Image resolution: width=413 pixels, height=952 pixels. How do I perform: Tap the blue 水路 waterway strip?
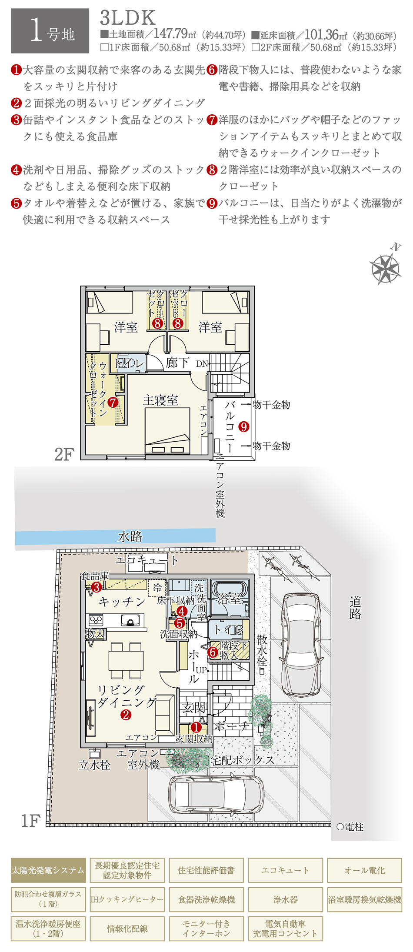pyautogui.click(x=115, y=536)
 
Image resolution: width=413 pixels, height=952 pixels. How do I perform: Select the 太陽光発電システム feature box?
pyautogui.click(x=48, y=870)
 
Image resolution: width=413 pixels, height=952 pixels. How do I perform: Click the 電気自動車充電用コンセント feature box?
pyautogui.click(x=286, y=929)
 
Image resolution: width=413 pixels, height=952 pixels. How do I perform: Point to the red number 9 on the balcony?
pyautogui.click(x=243, y=427)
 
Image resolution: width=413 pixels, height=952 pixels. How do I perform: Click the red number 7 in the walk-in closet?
pyautogui.click(x=113, y=403)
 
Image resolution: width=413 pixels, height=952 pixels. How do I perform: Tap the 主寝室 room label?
pyautogui.click(x=160, y=400)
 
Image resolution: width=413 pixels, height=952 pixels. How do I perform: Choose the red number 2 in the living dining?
pyautogui.click(x=126, y=715)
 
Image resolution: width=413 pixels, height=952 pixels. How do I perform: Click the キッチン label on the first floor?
pyautogui.click(x=122, y=602)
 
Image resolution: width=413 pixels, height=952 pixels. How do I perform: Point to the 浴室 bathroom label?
pyautogui.click(x=229, y=599)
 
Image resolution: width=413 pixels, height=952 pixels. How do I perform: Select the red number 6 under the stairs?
pyautogui.click(x=213, y=652)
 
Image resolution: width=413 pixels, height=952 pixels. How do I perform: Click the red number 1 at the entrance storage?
pyautogui.click(x=196, y=727)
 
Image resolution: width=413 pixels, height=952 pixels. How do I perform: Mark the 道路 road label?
pyautogui.click(x=355, y=608)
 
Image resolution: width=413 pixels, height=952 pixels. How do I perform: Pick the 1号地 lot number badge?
pyautogui.click(x=50, y=31)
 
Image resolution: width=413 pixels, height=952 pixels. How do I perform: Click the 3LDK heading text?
pyautogui.click(x=128, y=18)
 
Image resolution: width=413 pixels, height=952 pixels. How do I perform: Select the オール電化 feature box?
pyautogui.click(x=365, y=870)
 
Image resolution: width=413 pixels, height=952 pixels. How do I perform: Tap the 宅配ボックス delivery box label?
pyautogui.click(x=243, y=760)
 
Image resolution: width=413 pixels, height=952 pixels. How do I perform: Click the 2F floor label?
pyautogui.click(x=64, y=455)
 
